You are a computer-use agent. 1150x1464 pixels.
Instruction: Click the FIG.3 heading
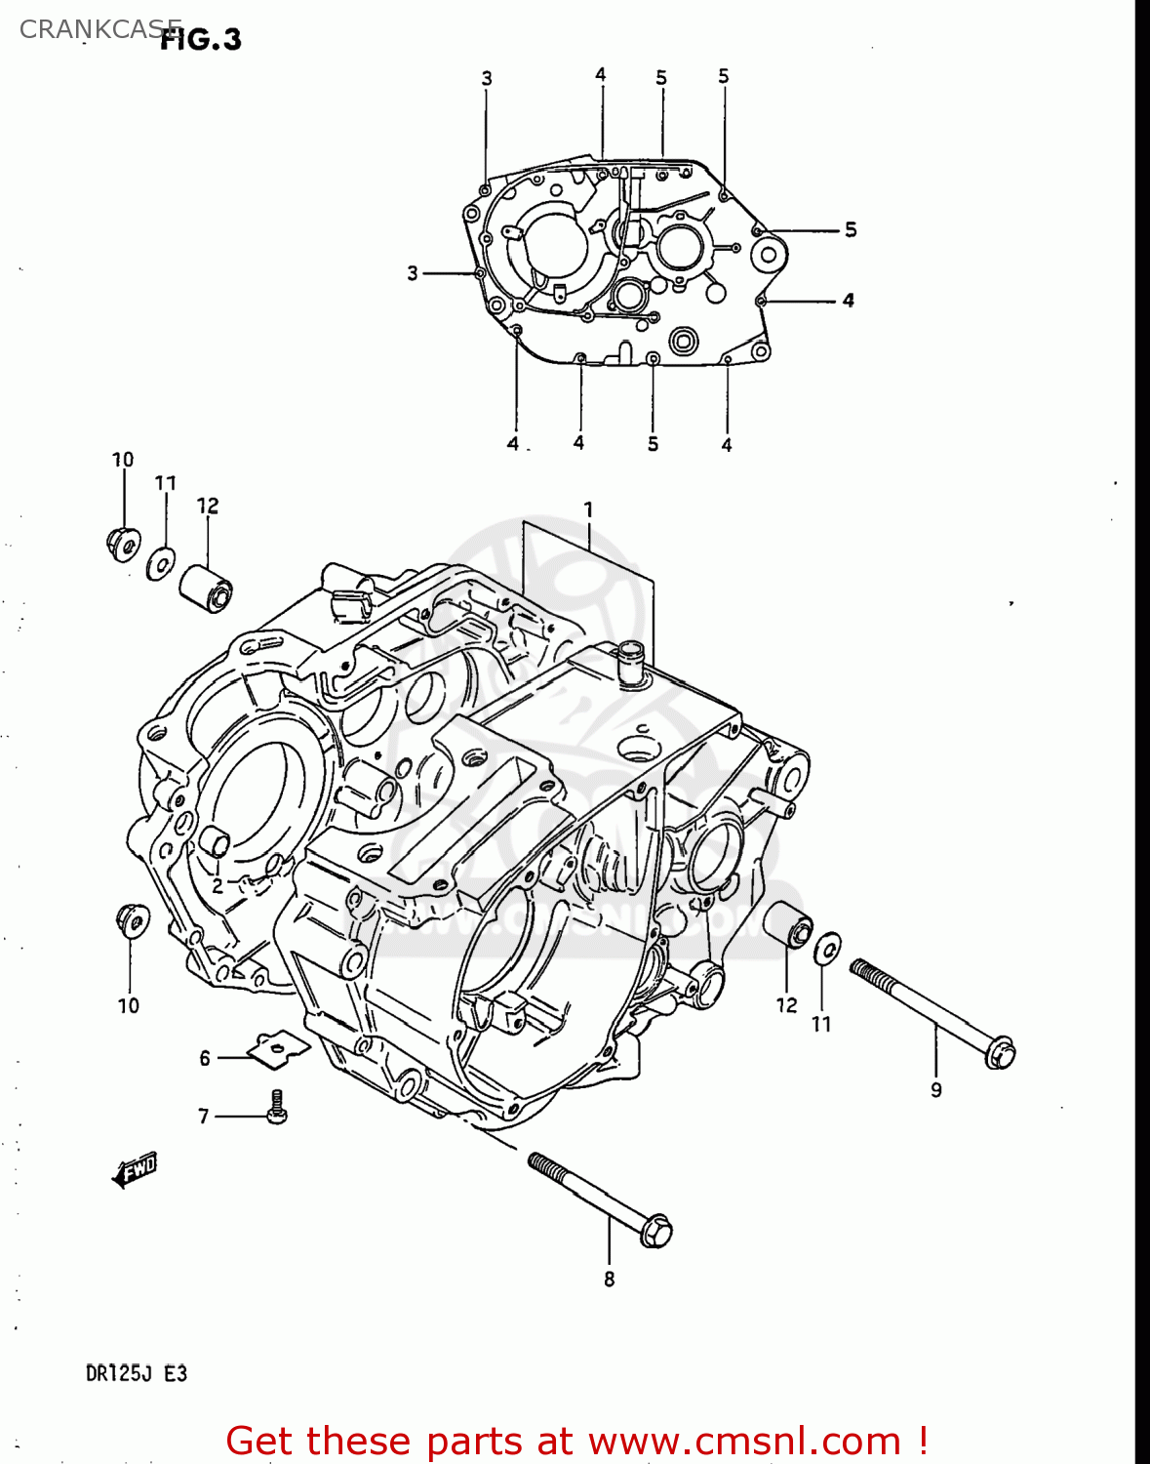(201, 39)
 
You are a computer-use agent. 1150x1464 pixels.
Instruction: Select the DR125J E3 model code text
(136, 1373)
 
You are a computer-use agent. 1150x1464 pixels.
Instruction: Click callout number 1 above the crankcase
(588, 508)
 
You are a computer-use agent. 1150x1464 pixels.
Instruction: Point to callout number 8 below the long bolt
(609, 1279)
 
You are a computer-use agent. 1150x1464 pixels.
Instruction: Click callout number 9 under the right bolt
(935, 1090)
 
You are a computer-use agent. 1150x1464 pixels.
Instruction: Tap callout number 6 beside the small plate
(205, 1058)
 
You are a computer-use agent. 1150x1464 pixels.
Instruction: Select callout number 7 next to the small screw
(204, 1116)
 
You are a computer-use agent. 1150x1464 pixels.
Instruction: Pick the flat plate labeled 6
(278, 1046)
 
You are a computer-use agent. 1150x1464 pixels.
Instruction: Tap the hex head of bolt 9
(1000, 1054)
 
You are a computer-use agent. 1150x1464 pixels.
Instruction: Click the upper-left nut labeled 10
(123, 542)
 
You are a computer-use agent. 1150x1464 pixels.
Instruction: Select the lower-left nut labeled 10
(131, 919)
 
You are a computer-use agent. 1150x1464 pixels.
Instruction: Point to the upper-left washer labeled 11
(161, 563)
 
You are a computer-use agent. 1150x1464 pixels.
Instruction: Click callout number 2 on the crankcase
(217, 885)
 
